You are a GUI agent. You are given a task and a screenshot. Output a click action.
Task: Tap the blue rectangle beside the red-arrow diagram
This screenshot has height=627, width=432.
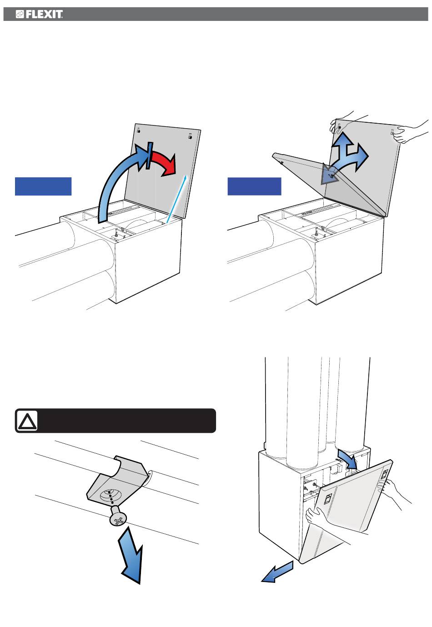click(x=43, y=186)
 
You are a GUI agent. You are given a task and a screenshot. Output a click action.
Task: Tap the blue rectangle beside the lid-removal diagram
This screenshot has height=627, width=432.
click(x=254, y=186)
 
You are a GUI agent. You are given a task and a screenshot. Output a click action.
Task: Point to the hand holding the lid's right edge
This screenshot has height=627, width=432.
click(x=407, y=132)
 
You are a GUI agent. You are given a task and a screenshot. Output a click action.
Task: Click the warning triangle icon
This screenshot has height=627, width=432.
click(x=27, y=421)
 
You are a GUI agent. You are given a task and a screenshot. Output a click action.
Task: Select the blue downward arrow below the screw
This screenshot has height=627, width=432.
click(x=131, y=557)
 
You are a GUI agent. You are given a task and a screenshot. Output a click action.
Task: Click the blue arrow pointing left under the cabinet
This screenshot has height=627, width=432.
click(x=277, y=572)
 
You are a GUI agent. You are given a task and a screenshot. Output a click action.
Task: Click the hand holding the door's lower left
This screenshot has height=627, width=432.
click(x=318, y=518)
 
